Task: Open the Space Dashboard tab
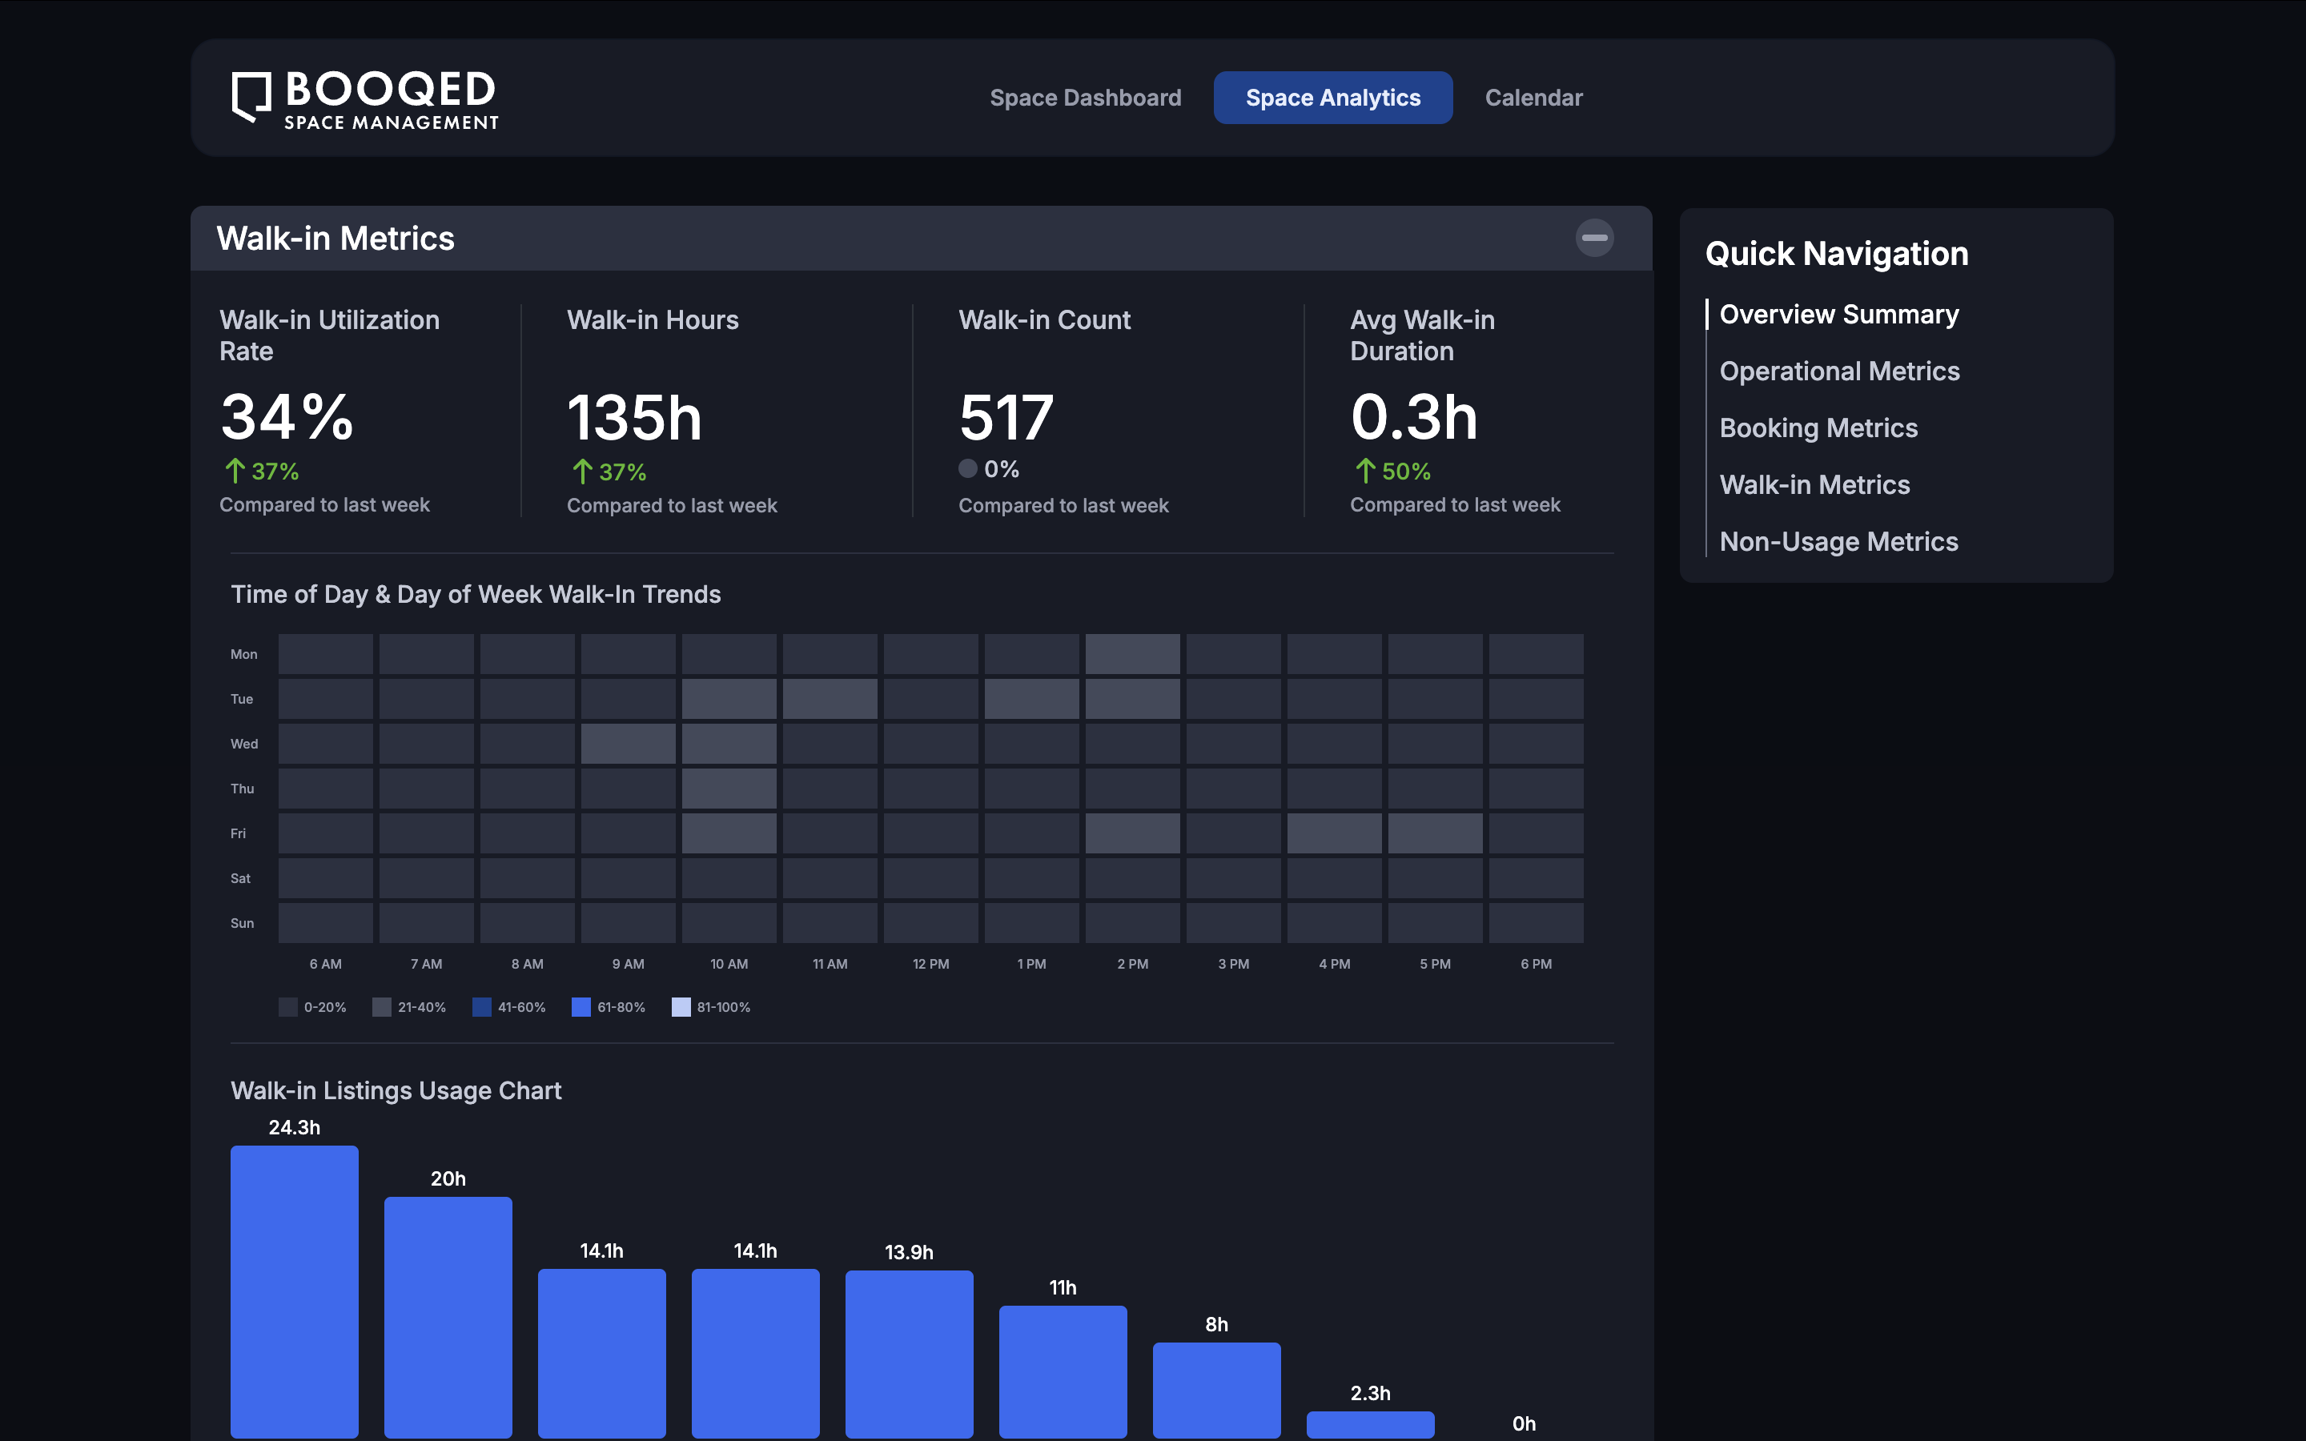tap(1086, 98)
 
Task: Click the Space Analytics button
tap(1332, 98)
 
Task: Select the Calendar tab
tap(1533, 98)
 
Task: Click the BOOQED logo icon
tap(251, 97)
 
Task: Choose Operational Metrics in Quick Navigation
tap(1839, 371)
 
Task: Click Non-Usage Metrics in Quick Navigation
tap(1838, 542)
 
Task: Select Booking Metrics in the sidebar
tap(1818, 429)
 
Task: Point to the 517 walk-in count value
tap(1006, 419)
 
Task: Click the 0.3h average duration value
tap(1414, 419)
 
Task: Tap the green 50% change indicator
tap(1393, 472)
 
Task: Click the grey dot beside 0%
tap(968, 469)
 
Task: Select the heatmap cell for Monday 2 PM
tap(1132, 655)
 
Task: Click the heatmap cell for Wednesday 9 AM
tap(628, 745)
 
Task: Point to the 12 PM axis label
tap(931, 965)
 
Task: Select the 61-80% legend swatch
tap(581, 1007)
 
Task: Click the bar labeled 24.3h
tap(295, 1291)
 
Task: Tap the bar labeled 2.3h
tap(1370, 1424)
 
